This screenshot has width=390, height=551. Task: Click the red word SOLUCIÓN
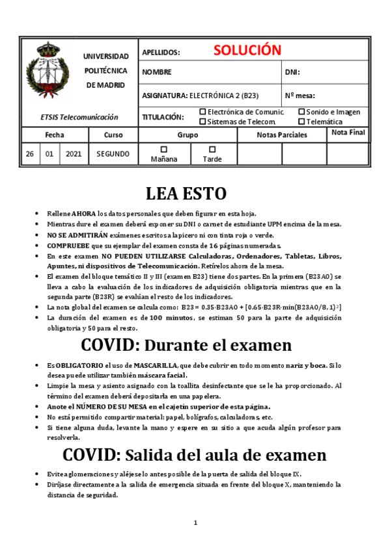click(x=247, y=51)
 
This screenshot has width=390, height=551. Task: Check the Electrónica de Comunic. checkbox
click(x=202, y=112)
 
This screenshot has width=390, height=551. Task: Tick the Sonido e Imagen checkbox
click(x=301, y=112)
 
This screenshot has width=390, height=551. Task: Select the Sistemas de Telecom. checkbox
click(x=202, y=122)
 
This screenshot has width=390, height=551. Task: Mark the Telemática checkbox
click(x=301, y=122)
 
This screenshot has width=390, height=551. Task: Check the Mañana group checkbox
click(x=163, y=149)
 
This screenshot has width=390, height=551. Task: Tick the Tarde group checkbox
click(x=212, y=149)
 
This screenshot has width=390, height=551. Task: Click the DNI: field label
click(x=292, y=73)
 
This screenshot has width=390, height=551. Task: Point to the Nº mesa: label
click(x=300, y=96)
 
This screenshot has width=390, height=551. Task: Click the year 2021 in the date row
click(x=73, y=155)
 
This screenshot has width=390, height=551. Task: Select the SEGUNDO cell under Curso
click(x=113, y=155)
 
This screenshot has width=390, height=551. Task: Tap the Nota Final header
click(x=348, y=133)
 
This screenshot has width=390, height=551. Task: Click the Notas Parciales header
click(x=281, y=135)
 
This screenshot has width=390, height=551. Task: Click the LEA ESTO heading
click(x=186, y=193)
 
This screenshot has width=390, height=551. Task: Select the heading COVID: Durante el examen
click(x=186, y=344)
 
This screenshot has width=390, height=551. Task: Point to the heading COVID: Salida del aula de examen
click(x=195, y=454)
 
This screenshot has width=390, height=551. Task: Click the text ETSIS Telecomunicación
click(x=79, y=117)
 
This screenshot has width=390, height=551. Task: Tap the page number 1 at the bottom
click(x=195, y=523)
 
